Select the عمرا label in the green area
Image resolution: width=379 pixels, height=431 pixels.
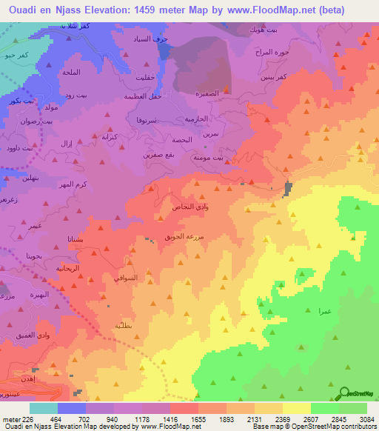[x=323, y=312]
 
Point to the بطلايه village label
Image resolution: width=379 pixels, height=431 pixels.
[x=123, y=326]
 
